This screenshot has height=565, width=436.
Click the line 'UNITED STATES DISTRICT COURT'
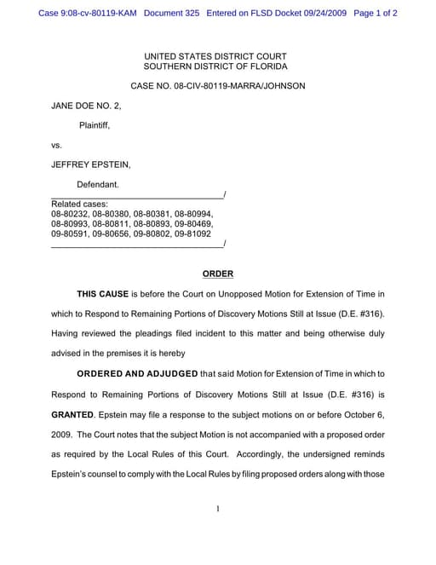[x=215, y=56]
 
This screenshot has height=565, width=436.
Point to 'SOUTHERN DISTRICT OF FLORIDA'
[x=215, y=66]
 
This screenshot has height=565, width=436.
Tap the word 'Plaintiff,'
[x=95, y=125]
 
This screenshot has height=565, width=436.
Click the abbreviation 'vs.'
[x=57, y=145]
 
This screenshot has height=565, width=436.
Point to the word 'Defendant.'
[x=98, y=184]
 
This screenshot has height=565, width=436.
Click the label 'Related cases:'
[x=79, y=205]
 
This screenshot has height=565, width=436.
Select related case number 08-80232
[x=69, y=214]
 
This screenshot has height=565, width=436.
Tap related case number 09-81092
[x=193, y=233]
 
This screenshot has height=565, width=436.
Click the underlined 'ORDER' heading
[x=217, y=274]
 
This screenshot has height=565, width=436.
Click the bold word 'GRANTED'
[x=72, y=413]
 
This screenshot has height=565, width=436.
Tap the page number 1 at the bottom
[x=218, y=509]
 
